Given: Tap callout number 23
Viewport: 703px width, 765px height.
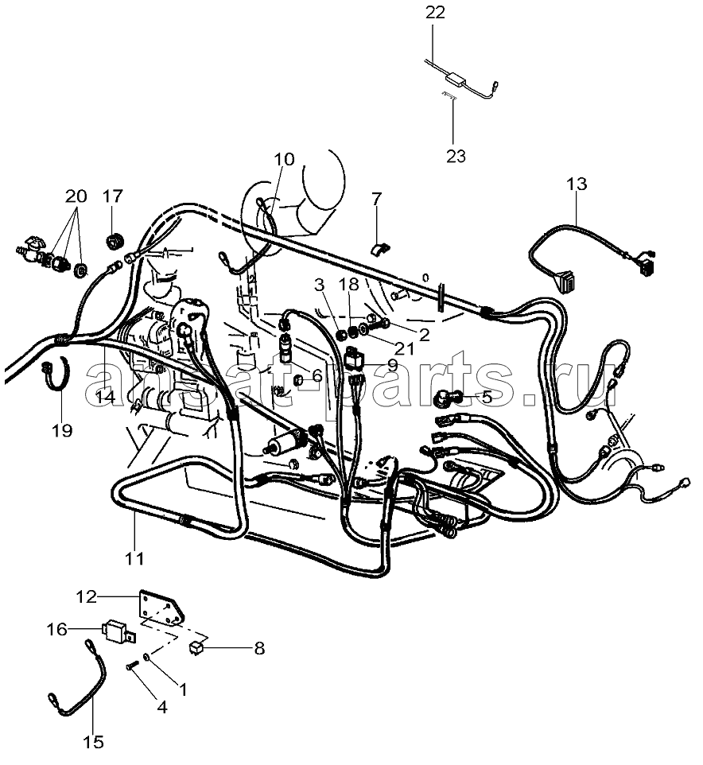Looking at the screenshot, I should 456,155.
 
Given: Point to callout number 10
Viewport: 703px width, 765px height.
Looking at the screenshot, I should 284,159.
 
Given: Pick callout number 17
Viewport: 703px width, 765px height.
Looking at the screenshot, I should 112,195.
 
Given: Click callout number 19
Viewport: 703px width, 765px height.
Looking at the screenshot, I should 62,430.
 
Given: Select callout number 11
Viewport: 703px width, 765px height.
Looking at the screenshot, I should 134,558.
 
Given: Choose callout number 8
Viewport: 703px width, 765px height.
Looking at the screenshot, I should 258,649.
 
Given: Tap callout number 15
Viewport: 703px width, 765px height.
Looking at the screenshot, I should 93,742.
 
